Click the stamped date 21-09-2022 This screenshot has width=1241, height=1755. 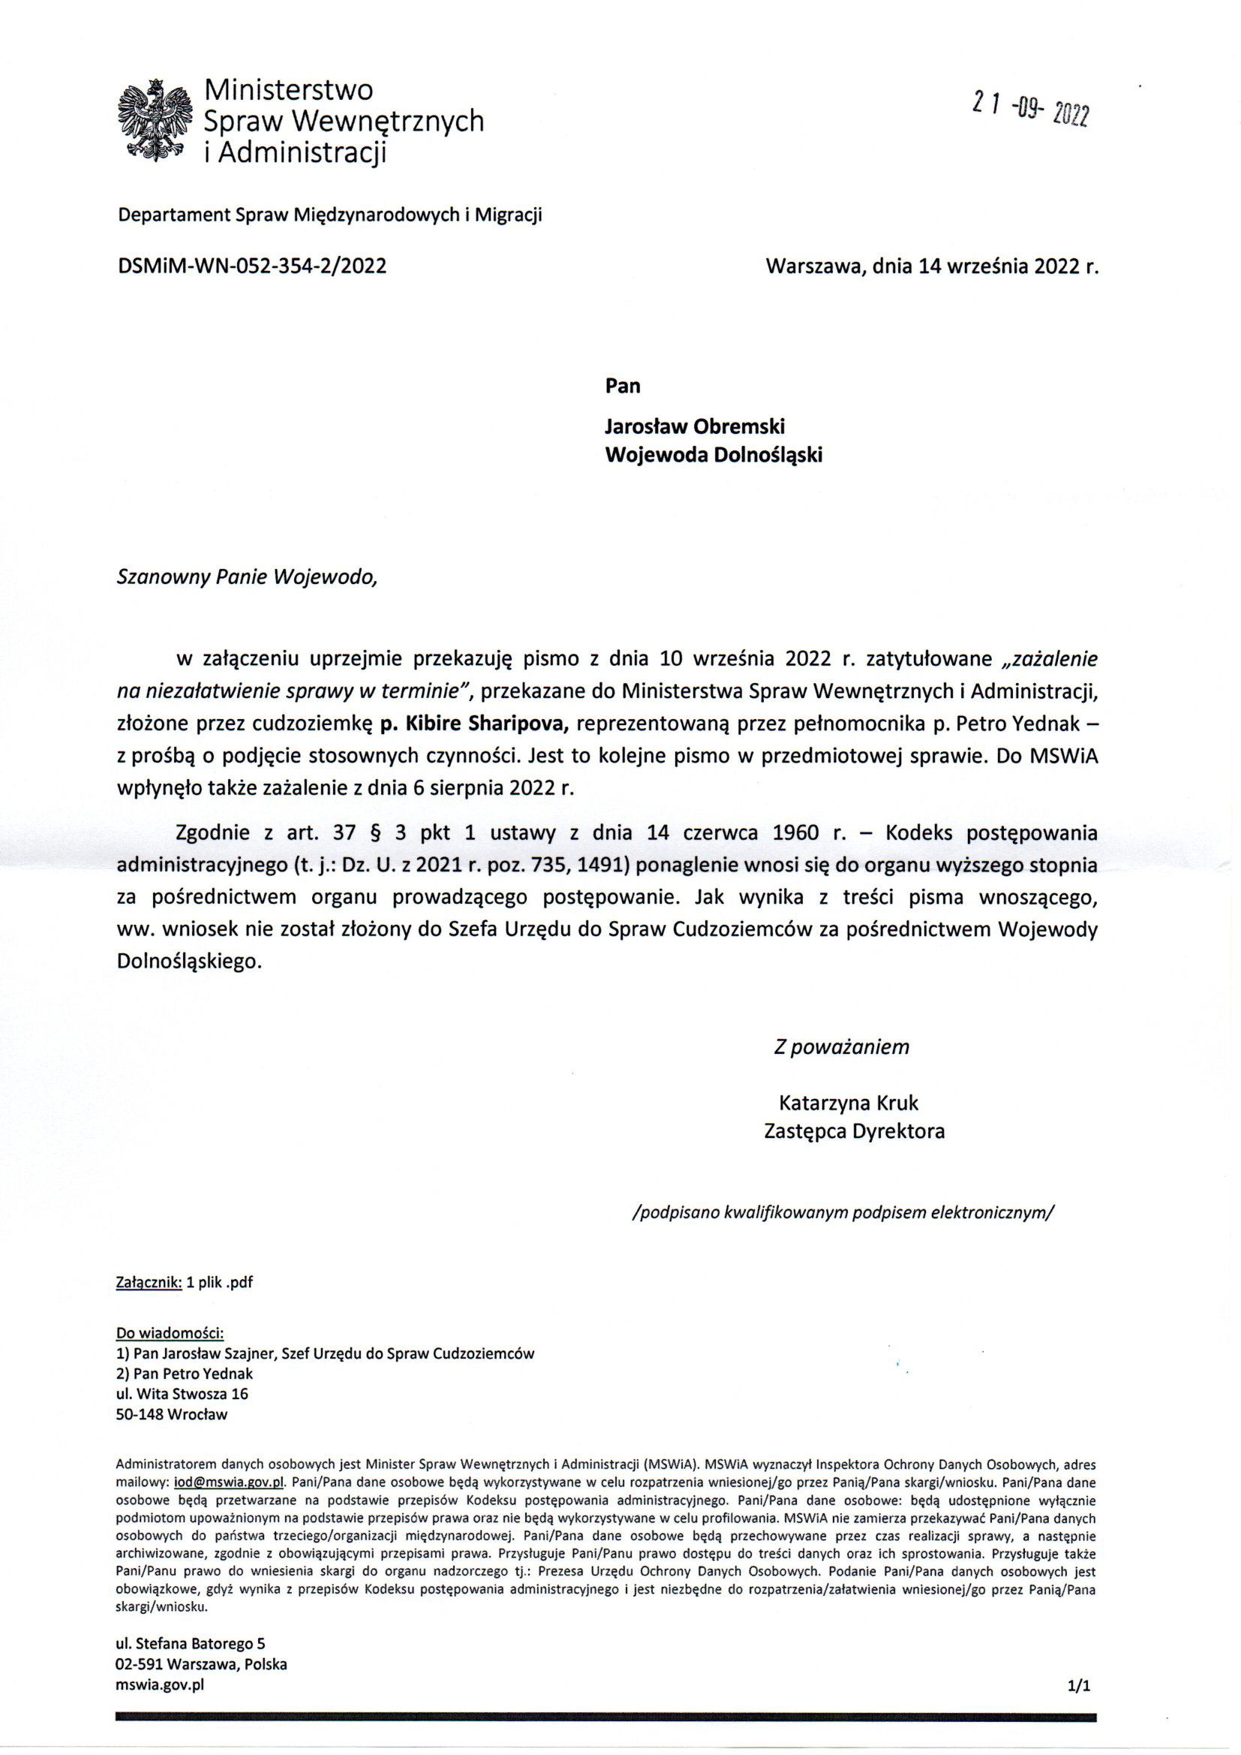pos(1030,110)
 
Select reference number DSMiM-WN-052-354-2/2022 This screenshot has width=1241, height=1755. pos(251,265)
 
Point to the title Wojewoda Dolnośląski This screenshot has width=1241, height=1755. pos(714,455)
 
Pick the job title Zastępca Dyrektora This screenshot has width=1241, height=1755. pos(854,1131)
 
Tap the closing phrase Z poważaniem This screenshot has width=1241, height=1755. pos(841,1046)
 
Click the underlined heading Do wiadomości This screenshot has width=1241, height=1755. pos(170,1333)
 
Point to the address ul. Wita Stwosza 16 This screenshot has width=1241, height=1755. pos(182,1393)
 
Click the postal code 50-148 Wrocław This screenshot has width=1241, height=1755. pos(172,1414)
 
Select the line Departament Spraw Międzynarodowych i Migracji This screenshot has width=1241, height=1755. pos(329,215)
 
